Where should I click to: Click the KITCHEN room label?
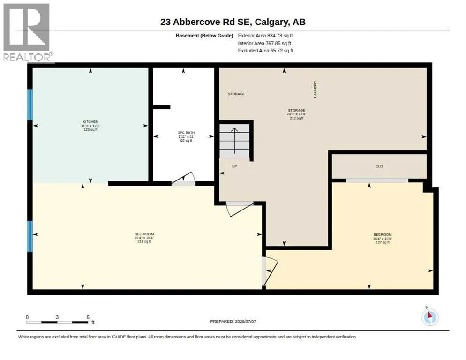click(x=90, y=121)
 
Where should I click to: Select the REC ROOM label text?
click(x=144, y=234)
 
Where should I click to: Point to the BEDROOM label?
click(x=383, y=234)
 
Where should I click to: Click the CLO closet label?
click(x=379, y=166)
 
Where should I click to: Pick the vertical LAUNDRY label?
click(x=315, y=89)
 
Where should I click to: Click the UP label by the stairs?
click(x=234, y=166)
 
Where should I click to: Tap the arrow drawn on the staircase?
click(x=234, y=141)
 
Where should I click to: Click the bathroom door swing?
click(x=184, y=179)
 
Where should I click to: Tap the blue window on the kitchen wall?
click(x=30, y=105)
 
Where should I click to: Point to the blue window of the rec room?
click(x=30, y=237)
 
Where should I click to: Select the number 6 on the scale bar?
click(x=88, y=317)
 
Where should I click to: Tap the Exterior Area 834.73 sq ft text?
click(x=265, y=36)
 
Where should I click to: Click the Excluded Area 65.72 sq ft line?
click(x=266, y=51)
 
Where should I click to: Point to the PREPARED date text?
click(x=233, y=322)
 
